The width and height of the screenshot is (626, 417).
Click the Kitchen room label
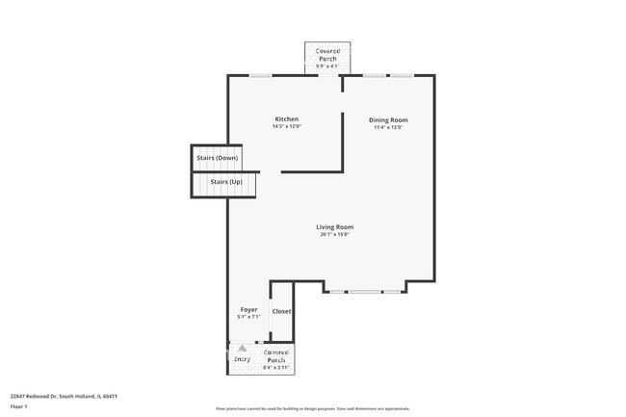tap(285, 119)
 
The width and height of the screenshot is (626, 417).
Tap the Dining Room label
tap(388, 119)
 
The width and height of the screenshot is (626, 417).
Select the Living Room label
tap(333, 227)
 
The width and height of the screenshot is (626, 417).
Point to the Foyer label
tap(248, 309)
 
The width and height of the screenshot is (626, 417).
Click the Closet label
tap(281, 311)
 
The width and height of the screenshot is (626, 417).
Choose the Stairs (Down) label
tap(217, 157)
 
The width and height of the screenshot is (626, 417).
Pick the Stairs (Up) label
tap(219, 181)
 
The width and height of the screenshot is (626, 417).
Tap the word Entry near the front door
tap(242, 358)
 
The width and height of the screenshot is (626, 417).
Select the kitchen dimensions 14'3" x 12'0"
tap(285, 126)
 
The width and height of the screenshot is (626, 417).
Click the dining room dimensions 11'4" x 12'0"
tap(388, 126)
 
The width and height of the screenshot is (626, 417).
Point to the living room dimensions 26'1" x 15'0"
tap(333, 234)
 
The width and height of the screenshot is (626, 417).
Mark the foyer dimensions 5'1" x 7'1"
tap(248, 316)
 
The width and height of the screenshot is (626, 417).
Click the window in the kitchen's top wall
tap(260, 75)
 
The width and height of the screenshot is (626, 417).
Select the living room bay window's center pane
tap(364, 291)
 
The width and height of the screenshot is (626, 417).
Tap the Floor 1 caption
tap(19, 406)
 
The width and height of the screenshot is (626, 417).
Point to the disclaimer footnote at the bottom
tap(313, 408)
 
